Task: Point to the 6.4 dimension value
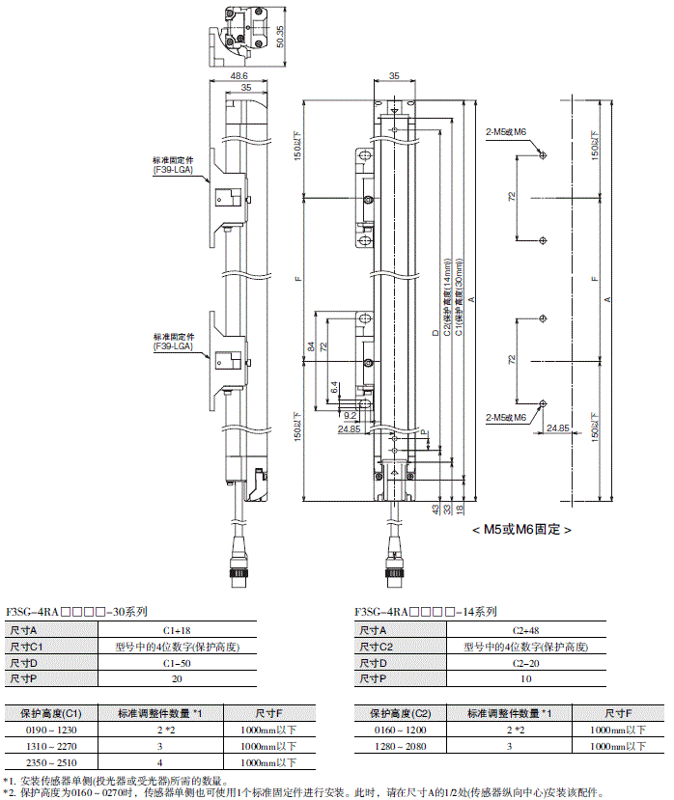point(334,385)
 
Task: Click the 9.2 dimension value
point(350,416)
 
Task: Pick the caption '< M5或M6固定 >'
point(521,529)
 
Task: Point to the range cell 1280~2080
point(401,746)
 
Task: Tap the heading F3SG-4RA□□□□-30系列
point(77,612)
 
